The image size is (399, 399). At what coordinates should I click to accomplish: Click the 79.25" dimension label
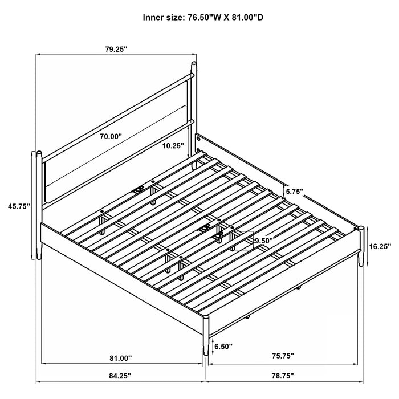[116, 50]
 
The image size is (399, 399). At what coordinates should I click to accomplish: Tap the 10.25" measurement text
[173, 146]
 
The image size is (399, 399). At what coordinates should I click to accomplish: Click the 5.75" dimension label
[295, 193]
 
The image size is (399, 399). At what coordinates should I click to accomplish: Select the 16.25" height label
[380, 248]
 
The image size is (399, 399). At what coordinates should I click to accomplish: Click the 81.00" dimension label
[120, 358]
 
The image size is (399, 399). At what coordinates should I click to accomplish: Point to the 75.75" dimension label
[282, 356]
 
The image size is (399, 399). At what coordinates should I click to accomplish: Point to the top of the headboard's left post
[39, 153]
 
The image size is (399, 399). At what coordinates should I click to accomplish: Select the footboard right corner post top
[360, 230]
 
